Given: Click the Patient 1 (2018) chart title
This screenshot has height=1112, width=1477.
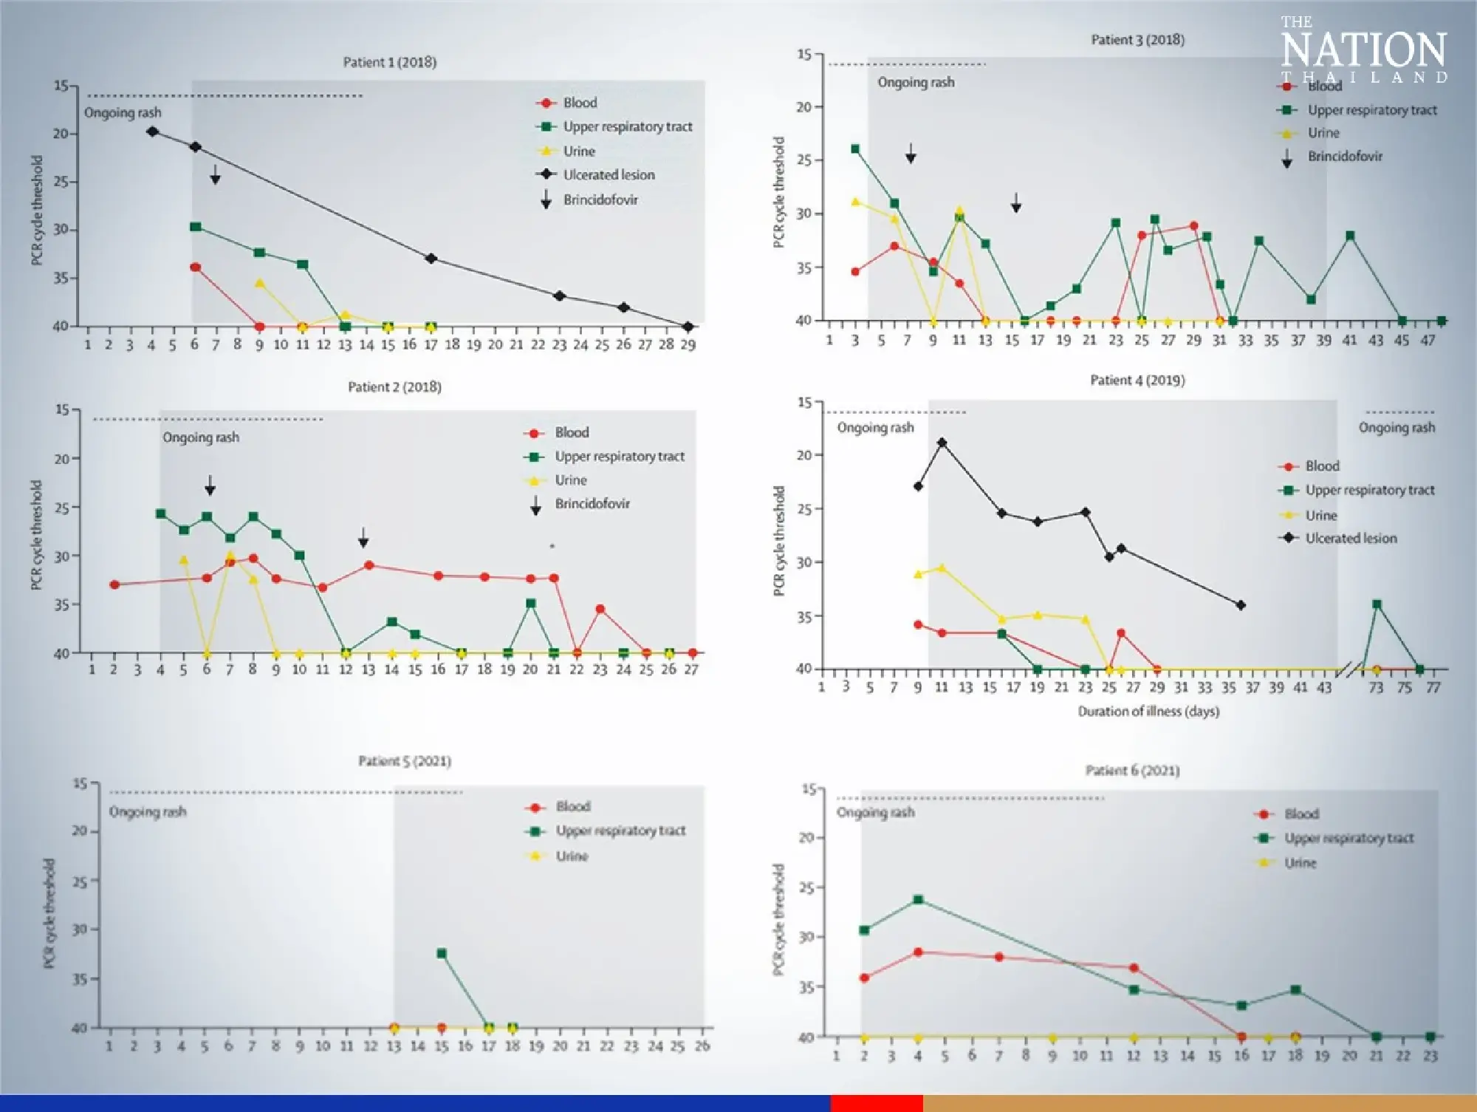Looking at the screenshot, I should pos(389,62).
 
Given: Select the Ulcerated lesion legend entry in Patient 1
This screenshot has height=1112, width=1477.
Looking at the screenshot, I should pos(609,175).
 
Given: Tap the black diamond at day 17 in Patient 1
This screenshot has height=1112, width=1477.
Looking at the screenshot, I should pos(431,259).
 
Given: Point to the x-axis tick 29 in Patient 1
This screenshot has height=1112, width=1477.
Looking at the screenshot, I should pos(688,344).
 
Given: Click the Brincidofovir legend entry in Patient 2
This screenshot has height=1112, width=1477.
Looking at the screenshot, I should pos(592,504).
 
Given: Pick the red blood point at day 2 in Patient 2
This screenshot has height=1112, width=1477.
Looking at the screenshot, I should pos(114,584).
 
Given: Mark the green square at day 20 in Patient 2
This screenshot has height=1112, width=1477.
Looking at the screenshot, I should pos(530,604).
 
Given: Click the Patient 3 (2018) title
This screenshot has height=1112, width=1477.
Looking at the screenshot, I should pos(1137,40).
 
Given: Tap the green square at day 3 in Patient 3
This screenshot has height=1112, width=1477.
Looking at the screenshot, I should pos(855,149).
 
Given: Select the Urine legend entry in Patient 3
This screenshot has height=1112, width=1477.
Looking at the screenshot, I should pos(1323,133).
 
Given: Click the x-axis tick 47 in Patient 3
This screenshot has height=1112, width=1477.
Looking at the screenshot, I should pos(1428,340).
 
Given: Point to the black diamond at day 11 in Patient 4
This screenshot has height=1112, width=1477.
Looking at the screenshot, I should pos(942,443).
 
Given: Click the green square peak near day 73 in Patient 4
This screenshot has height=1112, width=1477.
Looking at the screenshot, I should pos(1377,604).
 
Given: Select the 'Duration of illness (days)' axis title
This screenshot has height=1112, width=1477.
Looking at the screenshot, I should pos(1148,712).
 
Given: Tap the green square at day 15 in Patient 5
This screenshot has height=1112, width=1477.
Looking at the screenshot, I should pos(442,953).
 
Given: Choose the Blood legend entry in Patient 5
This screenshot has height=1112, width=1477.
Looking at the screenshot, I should pos(572,806).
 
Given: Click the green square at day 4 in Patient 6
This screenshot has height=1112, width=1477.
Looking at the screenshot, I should pos(918,900).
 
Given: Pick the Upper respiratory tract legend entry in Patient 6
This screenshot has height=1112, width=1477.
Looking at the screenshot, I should pos(1349,838).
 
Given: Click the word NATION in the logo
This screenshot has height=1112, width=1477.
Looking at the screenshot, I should pos(1363,50).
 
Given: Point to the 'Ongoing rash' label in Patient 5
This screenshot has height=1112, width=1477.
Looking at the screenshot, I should pos(148,812).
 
